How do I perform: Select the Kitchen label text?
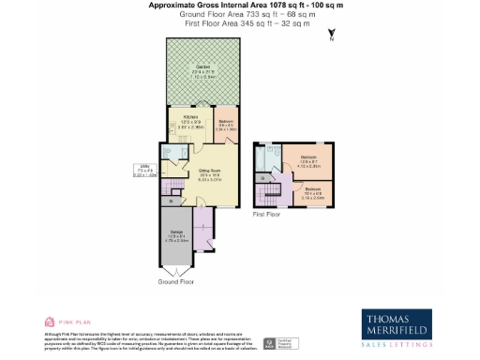pos(190,118)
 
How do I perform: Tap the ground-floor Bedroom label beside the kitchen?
pos(226,122)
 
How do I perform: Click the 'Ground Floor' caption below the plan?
pos(175,281)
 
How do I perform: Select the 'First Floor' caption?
pos(267,214)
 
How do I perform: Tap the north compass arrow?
pos(331,37)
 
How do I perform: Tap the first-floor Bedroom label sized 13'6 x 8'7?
pos(308,159)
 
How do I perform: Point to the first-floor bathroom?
pos(270,158)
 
